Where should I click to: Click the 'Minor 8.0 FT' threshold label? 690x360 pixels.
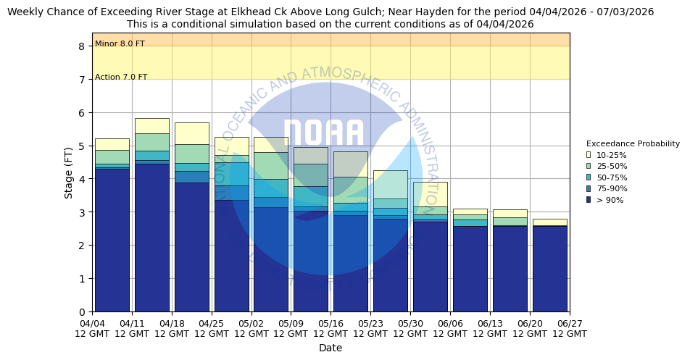coord(120,44)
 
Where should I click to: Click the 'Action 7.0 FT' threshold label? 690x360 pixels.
coord(121,78)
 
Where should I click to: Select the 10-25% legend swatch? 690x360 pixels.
coord(589,155)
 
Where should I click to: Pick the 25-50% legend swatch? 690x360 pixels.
coord(589,167)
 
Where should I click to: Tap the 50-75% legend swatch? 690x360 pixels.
coord(589,177)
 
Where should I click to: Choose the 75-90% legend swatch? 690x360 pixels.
coord(589,189)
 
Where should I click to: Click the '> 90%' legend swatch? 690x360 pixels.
coord(589,200)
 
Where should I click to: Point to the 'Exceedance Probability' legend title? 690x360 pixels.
coord(633,143)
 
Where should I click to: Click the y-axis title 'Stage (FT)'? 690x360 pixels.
coord(69,172)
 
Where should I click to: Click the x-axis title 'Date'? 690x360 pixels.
coord(331,348)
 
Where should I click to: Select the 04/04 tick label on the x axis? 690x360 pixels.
coord(92,324)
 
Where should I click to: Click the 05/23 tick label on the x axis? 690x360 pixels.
coord(370,324)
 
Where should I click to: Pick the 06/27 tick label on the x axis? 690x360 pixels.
coord(570,324)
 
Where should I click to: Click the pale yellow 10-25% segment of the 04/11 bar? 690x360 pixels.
coord(151,125)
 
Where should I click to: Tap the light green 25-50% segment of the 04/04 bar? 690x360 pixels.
coord(112,156)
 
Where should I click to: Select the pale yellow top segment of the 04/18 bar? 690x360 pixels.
coord(191,133)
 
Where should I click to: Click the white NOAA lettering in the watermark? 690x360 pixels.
coord(323,134)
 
